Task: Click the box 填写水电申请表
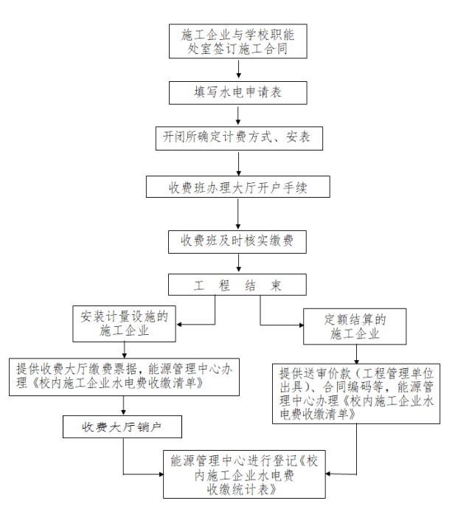click(x=237, y=93)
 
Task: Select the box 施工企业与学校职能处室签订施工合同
click(x=237, y=42)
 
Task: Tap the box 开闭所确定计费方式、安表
click(x=237, y=138)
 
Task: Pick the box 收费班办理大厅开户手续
click(x=237, y=188)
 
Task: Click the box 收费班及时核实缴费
click(x=237, y=241)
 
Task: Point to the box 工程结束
click(x=237, y=286)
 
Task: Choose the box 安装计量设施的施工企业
click(x=124, y=324)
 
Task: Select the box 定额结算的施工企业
click(x=355, y=326)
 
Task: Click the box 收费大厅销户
click(x=122, y=426)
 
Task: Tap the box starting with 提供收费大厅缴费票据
click(x=122, y=377)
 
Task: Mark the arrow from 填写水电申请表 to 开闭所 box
click(x=237, y=116)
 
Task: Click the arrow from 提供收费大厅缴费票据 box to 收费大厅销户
click(x=122, y=405)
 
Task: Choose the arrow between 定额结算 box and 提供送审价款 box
click(x=355, y=354)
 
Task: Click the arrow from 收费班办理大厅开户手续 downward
click(x=237, y=212)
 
